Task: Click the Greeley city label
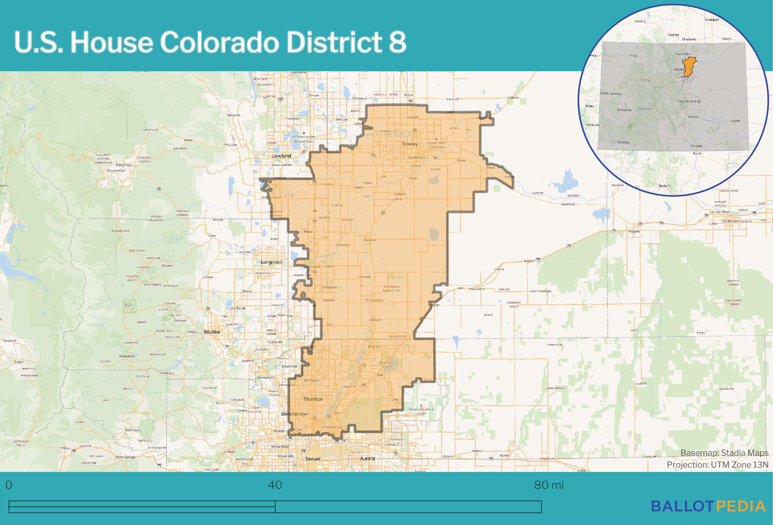click(410, 144)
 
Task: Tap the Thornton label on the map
click(313, 399)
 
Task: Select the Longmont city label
click(272, 262)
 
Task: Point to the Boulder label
click(212, 332)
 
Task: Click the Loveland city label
click(281, 156)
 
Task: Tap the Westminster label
click(294, 414)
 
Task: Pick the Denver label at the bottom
click(313, 459)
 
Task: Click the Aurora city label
click(367, 459)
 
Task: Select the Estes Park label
click(123, 165)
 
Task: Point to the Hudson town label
click(433, 305)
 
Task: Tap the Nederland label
click(127, 356)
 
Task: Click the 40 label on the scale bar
click(275, 485)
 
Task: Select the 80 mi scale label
click(549, 485)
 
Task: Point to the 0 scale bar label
click(9, 485)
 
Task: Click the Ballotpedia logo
click(708, 506)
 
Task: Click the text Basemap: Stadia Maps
click(724, 453)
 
